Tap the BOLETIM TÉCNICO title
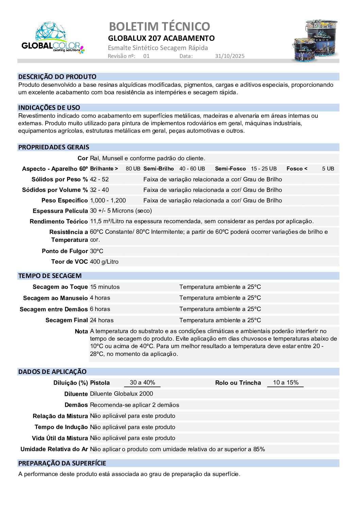[159, 26]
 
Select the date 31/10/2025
[229, 56]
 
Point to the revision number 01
[146, 56]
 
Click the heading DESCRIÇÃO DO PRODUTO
[57, 77]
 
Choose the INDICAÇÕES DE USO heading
[49, 108]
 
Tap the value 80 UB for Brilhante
[133, 169]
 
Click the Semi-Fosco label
[230, 169]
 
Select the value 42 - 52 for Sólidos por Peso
[99, 179]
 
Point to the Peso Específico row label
[65, 200]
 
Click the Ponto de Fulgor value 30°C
[97, 251]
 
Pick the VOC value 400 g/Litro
[104, 262]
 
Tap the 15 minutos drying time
[105, 287]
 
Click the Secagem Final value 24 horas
[102, 320]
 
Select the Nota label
[81, 331]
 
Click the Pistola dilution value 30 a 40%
[142, 382]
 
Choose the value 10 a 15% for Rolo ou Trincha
[286, 382]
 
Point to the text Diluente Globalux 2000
[121, 394]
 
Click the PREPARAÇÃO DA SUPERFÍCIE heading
[62, 463]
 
